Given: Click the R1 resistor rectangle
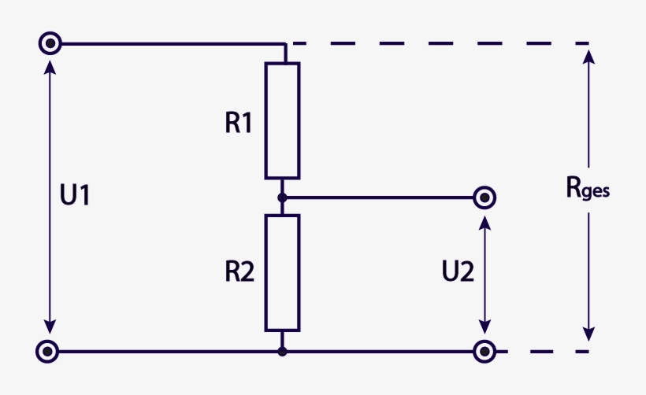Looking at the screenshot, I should [x=282, y=120].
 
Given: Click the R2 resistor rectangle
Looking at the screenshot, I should [x=282, y=272].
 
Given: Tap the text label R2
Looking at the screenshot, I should [x=239, y=272].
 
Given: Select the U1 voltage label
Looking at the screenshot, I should [x=75, y=195].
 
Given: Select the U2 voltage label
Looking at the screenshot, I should [x=458, y=272].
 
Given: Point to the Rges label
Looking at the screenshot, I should [x=588, y=187].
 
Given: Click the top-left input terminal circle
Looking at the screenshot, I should [x=49, y=42].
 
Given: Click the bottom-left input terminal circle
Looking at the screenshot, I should [x=49, y=351].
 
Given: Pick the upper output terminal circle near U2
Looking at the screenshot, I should [x=484, y=197].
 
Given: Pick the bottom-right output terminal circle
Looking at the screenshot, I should [x=484, y=351].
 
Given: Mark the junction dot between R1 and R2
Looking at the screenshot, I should [x=282, y=197].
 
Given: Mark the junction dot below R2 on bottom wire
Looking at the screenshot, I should [x=282, y=351].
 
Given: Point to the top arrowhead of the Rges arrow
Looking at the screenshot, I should [x=588, y=54].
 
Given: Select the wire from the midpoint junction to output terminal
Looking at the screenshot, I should [x=378, y=197].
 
